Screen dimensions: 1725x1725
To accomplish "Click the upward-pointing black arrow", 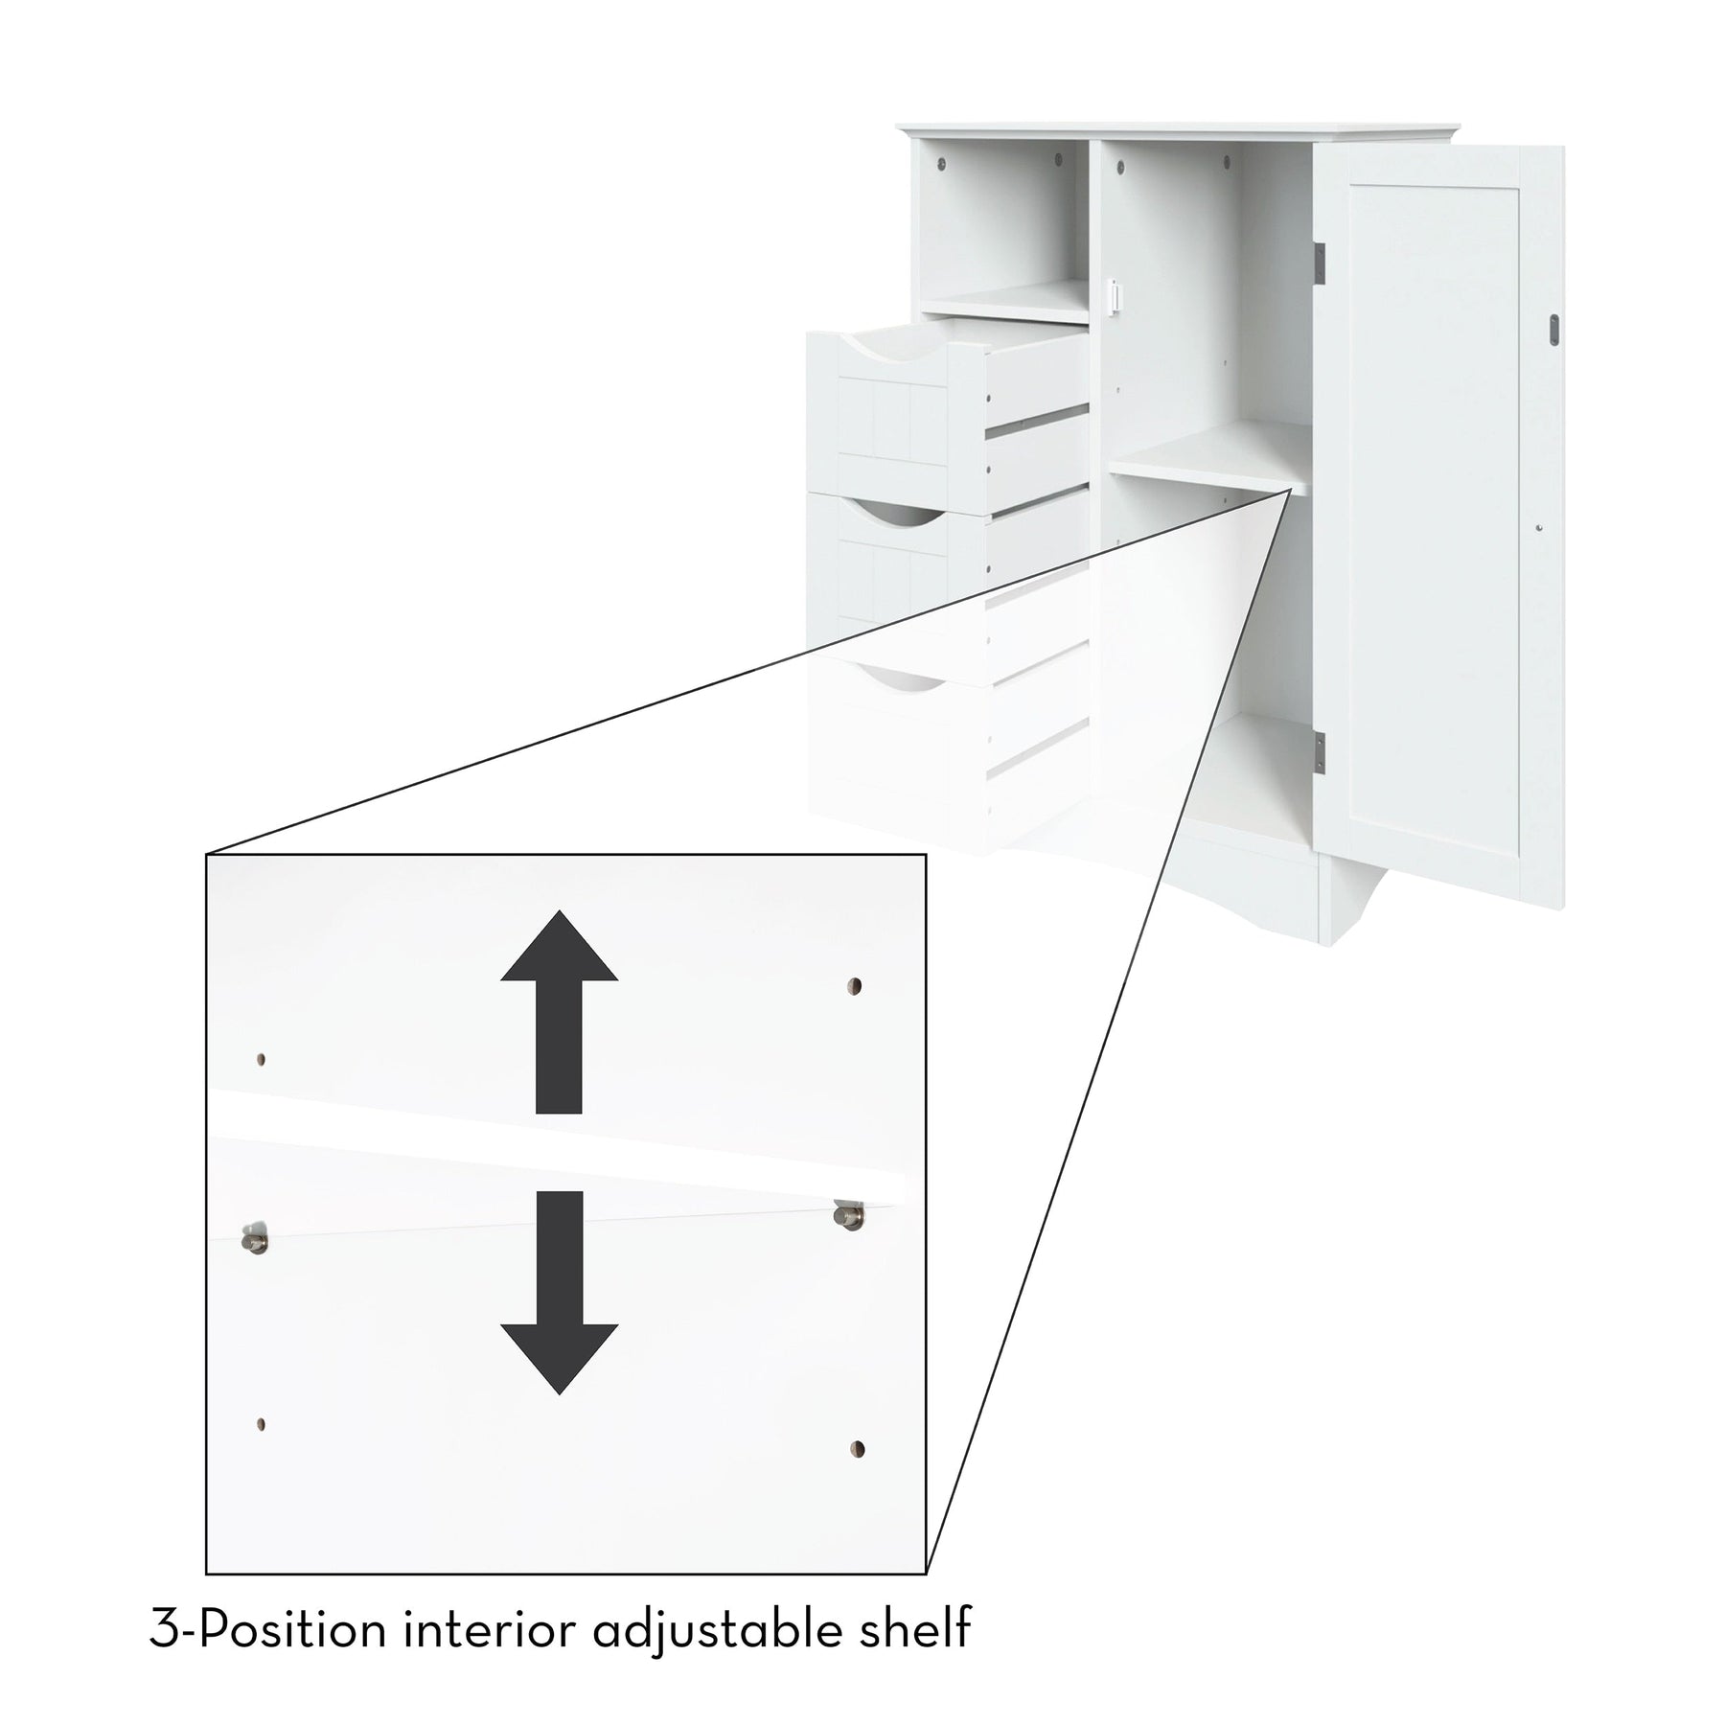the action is coord(560,1012).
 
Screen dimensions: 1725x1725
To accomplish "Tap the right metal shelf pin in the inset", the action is coord(848,1216).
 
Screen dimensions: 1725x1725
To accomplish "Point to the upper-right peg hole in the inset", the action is coord(855,985).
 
